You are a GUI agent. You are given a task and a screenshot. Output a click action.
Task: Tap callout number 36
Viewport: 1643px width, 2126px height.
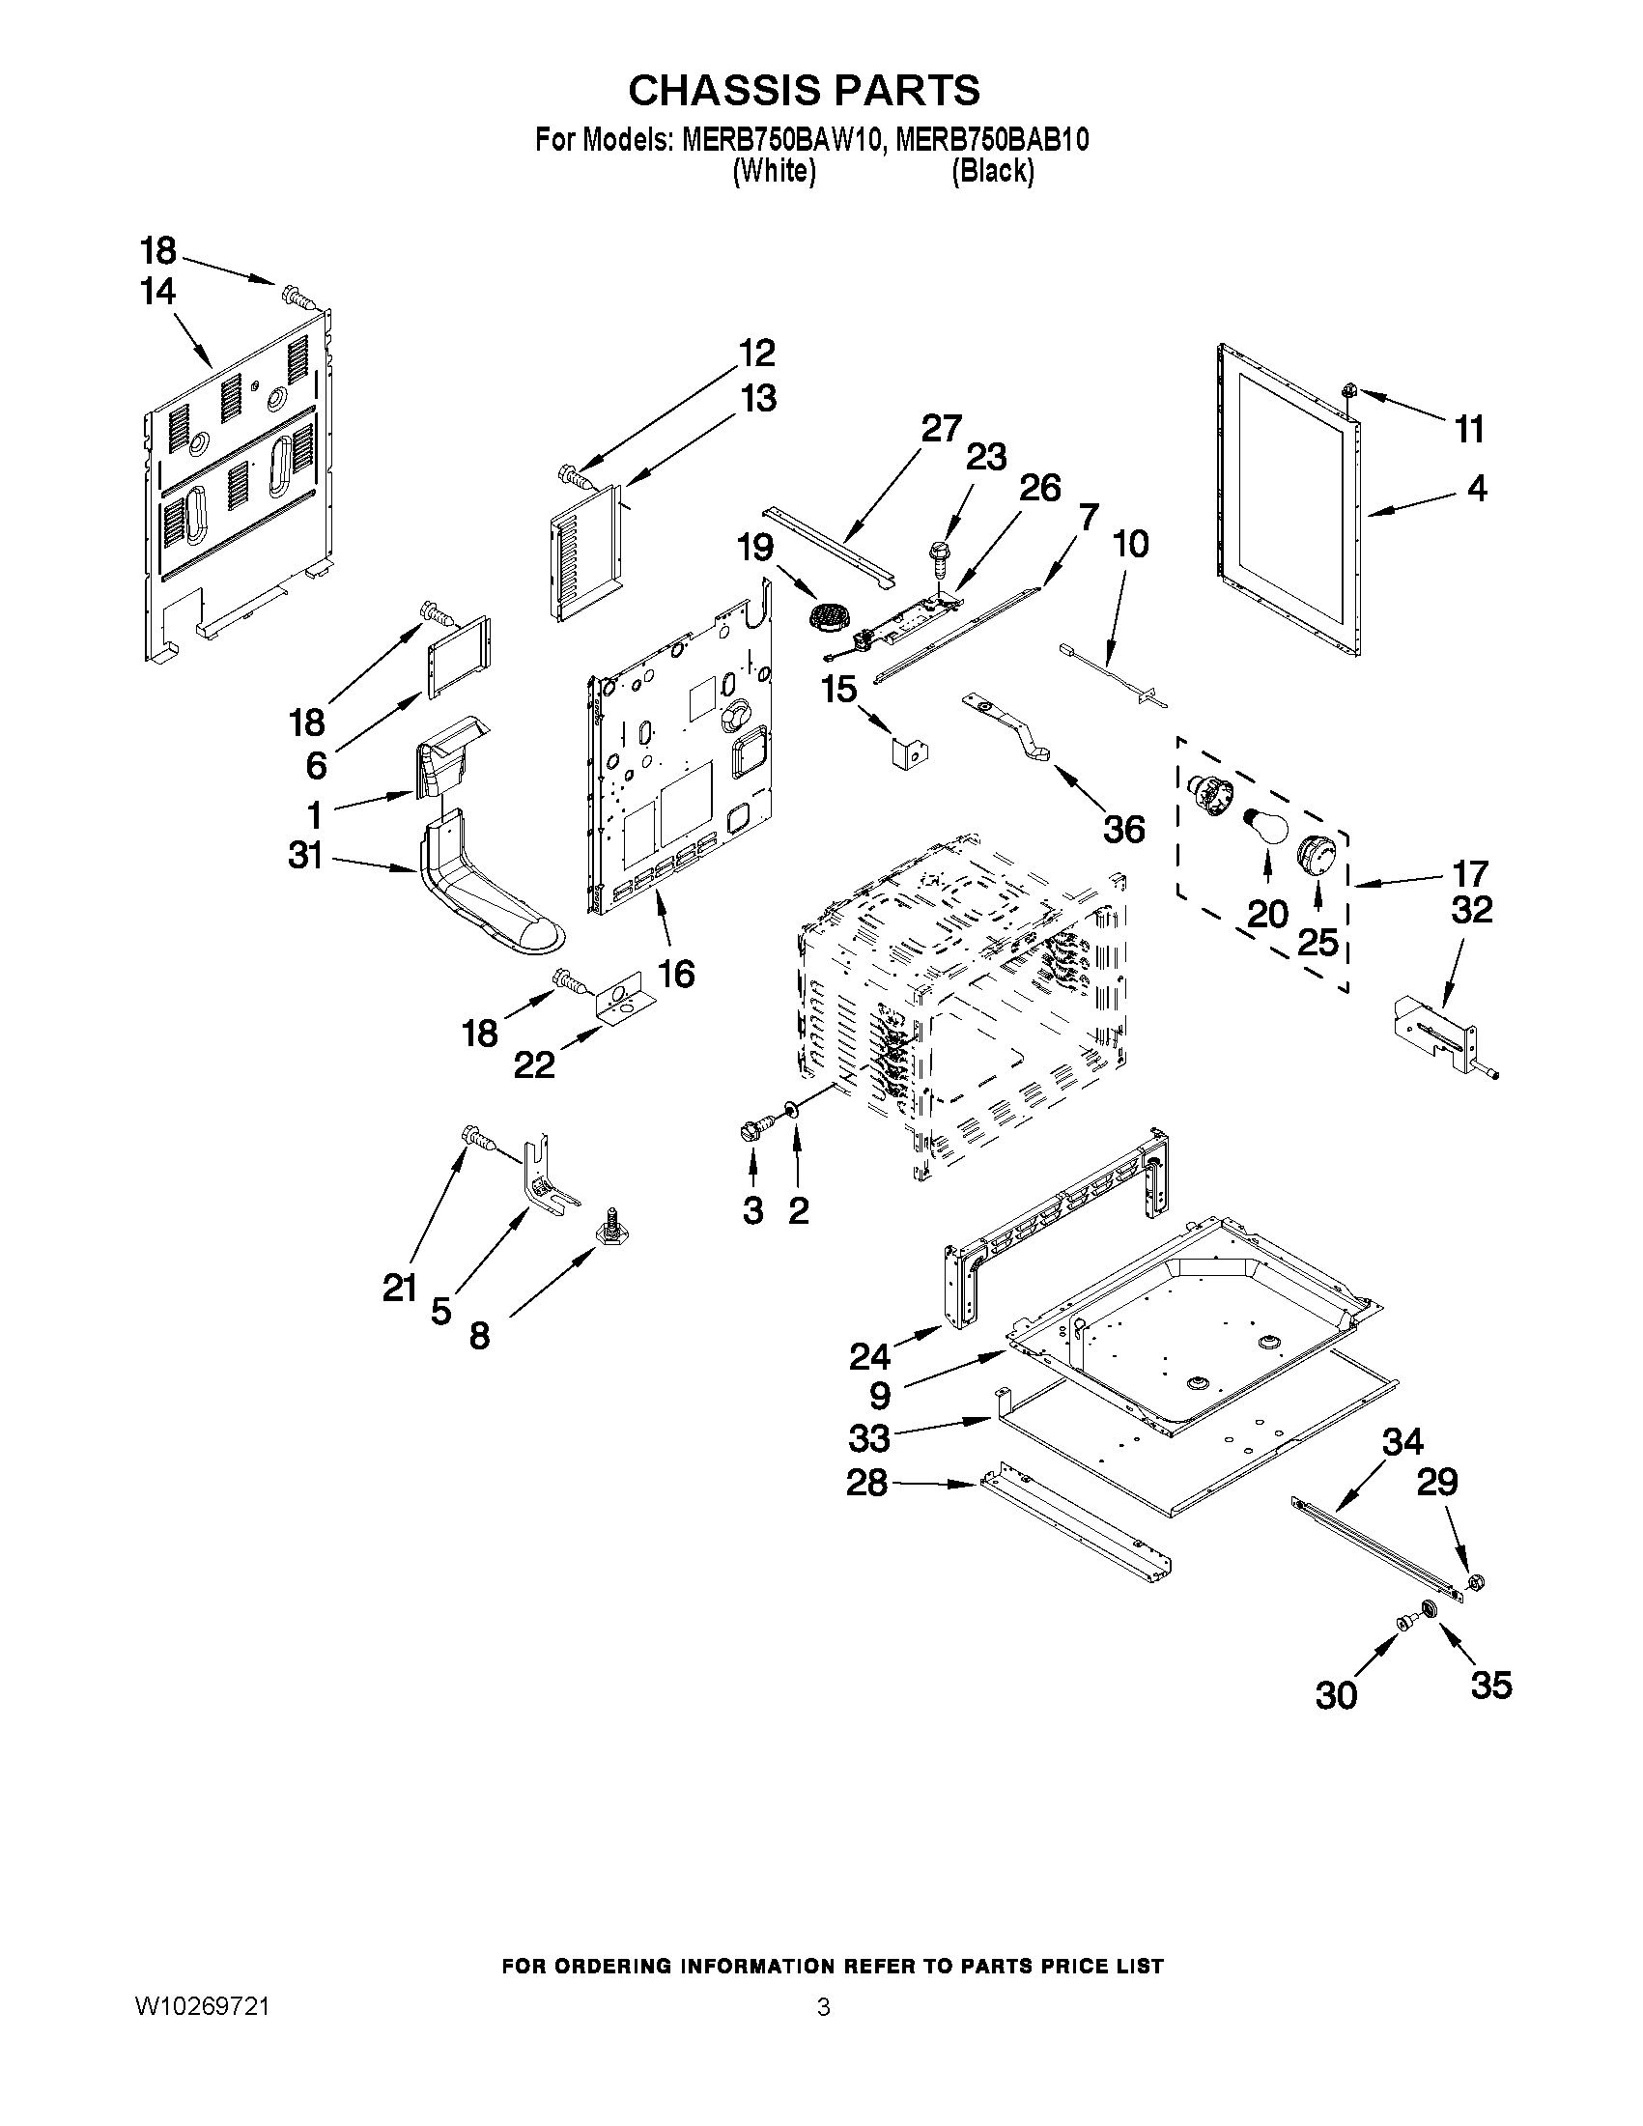click(1123, 830)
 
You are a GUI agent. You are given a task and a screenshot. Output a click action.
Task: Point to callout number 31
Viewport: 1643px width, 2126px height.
click(304, 856)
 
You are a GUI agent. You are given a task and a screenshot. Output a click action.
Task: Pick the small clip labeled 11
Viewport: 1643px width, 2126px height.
click(1349, 390)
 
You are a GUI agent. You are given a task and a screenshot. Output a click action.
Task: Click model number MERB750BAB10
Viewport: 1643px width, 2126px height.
click(991, 140)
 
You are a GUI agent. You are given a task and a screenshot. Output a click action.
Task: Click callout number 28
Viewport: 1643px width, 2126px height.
click(866, 1483)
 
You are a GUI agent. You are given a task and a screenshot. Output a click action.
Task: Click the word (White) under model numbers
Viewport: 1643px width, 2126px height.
click(773, 171)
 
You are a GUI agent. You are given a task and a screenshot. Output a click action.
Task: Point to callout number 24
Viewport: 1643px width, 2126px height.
click(868, 1355)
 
